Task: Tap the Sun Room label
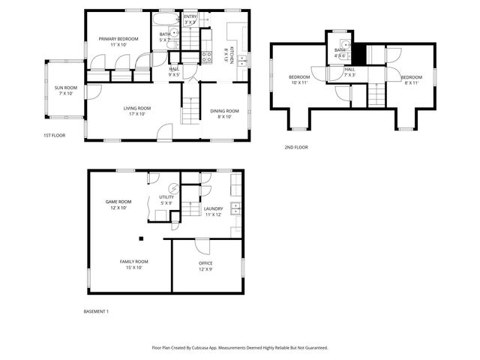coord(64,90)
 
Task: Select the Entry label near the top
coord(190,19)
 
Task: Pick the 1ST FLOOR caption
coord(54,136)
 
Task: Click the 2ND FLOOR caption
coord(296,147)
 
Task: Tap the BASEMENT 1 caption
coord(96,310)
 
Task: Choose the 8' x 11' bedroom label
coord(410,80)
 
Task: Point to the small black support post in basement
coord(140,239)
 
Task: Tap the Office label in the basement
coord(205,266)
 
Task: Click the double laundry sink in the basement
coord(235,207)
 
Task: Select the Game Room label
coord(118,204)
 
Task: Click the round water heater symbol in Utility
coord(174,188)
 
